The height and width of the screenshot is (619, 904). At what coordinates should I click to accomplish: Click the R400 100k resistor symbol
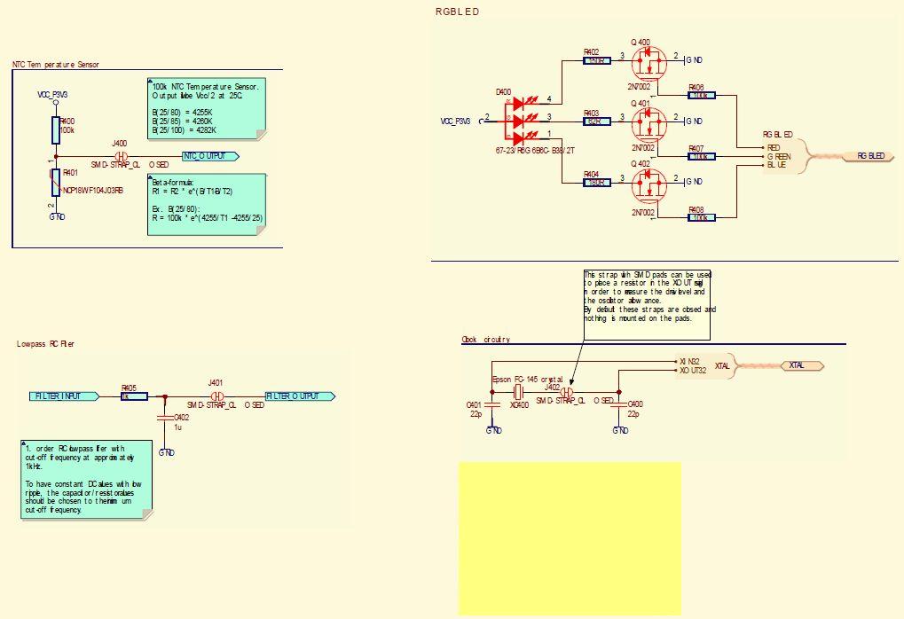pos(56,129)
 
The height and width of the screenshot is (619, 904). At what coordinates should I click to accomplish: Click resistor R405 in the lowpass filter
pos(131,396)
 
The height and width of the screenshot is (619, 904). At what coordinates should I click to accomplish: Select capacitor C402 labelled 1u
pos(165,416)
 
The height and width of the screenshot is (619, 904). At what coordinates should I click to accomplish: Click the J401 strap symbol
pos(215,396)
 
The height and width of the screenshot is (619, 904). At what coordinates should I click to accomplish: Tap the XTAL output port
pos(801,365)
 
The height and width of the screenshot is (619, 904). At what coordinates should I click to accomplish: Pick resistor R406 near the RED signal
pos(702,95)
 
